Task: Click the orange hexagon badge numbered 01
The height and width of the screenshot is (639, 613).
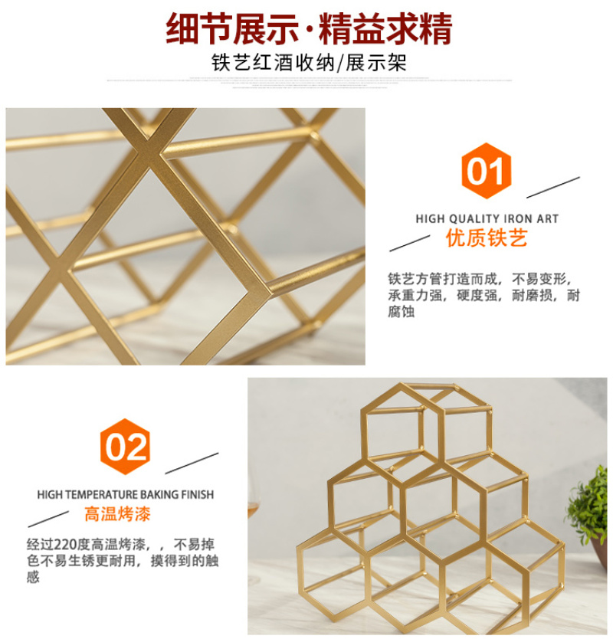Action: [487, 171]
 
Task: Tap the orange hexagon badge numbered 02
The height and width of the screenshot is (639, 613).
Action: [125, 447]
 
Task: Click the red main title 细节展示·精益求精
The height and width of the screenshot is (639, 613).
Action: [309, 28]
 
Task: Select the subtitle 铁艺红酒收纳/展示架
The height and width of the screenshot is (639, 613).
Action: [309, 63]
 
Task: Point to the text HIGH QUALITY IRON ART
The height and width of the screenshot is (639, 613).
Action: [487, 219]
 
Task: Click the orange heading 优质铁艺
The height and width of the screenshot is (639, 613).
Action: [487, 238]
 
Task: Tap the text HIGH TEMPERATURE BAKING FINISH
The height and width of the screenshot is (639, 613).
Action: [126, 495]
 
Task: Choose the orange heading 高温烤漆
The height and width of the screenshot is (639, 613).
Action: [117, 514]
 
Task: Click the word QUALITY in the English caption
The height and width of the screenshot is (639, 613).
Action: [475, 219]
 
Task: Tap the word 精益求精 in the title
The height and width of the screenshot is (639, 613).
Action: [385, 28]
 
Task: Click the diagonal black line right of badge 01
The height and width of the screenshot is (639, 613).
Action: [553, 188]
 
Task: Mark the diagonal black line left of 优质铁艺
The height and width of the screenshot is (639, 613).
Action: [410, 244]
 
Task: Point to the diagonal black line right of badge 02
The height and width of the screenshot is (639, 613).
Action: [192, 464]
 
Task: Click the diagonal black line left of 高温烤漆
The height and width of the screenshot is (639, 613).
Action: [48, 519]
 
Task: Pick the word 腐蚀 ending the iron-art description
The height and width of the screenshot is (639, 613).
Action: [402, 312]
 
